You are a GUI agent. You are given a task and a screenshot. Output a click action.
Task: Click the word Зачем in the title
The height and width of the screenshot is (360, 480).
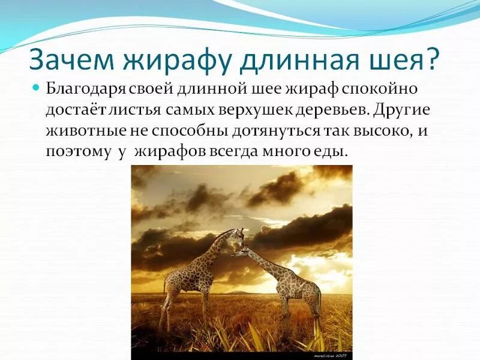click(x=72, y=59)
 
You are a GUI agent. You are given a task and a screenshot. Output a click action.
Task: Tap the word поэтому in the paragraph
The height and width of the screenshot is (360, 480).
click(x=78, y=152)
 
